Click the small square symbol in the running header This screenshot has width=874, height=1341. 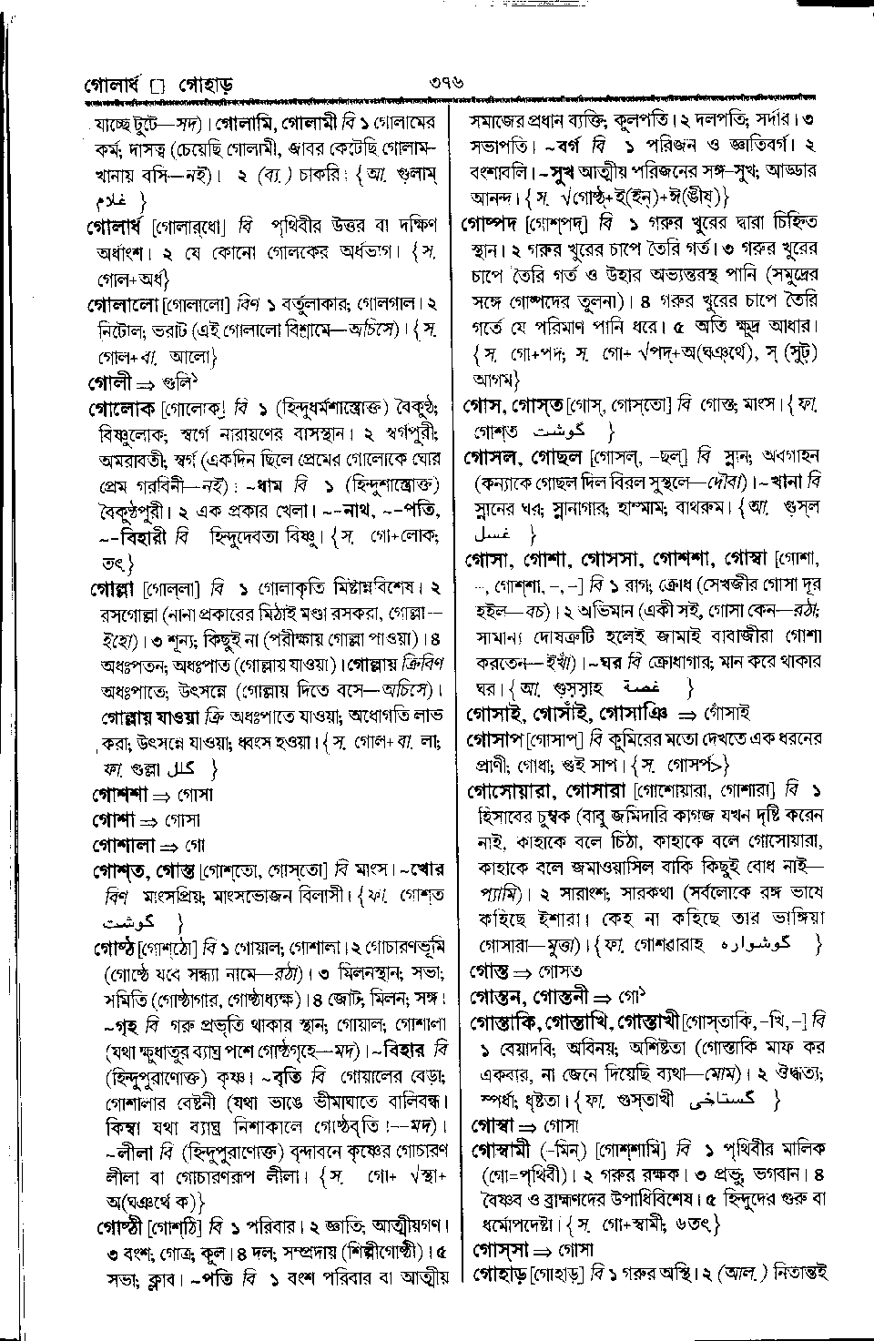pyautogui.click(x=158, y=88)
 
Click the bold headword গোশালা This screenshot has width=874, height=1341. pyautogui.click(x=125, y=845)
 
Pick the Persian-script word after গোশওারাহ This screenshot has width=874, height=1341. pyautogui.click(x=765, y=943)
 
